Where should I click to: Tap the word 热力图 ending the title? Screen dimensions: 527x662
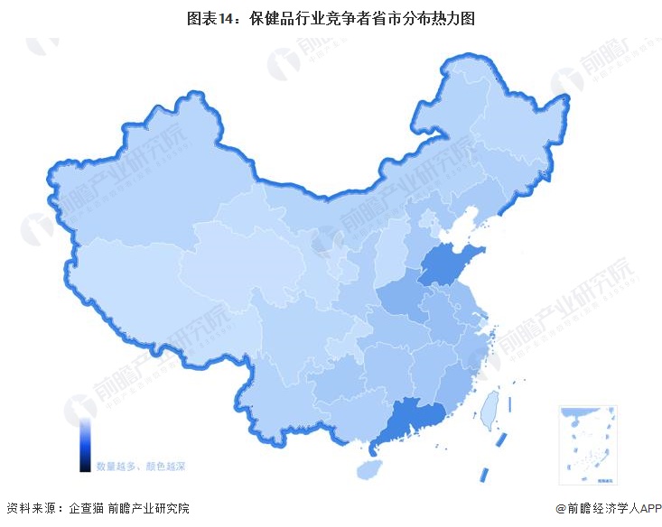pyautogui.click(x=454, y=17)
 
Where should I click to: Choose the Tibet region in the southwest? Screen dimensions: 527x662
pyautogui.click(x=135, y=289)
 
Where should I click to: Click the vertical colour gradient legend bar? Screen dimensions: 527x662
pyautogui.click(x=84, y=443)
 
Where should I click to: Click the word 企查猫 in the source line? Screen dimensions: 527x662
pyautogui.click(x=87, y=510)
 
